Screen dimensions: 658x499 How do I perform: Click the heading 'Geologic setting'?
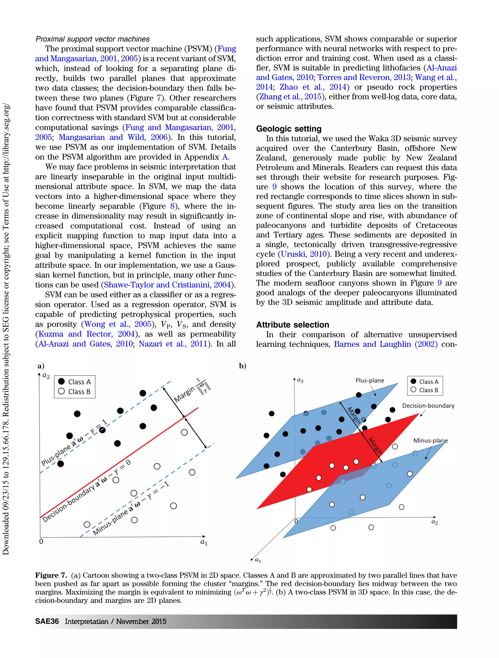click(289, 129)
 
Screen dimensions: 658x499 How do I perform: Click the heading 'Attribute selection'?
click(293, 325)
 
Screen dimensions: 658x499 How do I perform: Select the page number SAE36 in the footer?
click(47, 621)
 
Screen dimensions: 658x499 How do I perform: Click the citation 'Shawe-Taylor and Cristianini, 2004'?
click(167, 285)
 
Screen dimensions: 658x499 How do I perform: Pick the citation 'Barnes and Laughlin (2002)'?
click(385, 344)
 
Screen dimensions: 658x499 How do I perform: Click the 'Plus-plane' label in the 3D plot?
click(370, 380)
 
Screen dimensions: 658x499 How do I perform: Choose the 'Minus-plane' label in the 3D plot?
click(430, 441)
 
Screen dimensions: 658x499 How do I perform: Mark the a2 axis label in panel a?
click(46, 376)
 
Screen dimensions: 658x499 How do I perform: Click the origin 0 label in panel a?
click(41, 541)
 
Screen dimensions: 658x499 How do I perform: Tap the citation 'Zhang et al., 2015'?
click(290, 97)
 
